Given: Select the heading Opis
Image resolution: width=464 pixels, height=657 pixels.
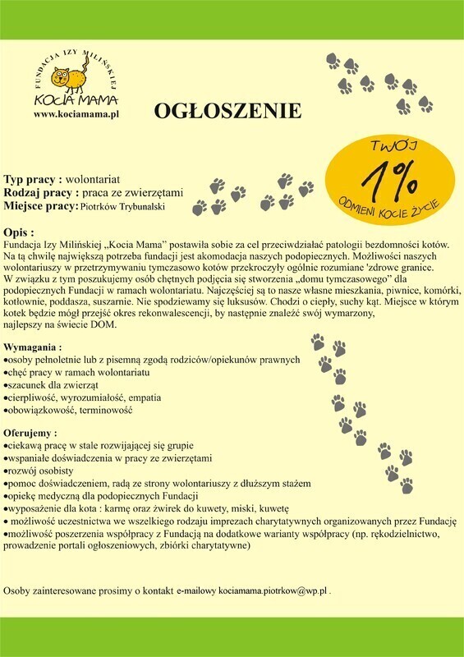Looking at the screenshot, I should point(19,232).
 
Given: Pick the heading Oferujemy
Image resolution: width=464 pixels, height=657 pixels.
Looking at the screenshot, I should point(30,432).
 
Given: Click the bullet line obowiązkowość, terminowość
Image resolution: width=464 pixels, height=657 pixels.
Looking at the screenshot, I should point(68,410).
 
